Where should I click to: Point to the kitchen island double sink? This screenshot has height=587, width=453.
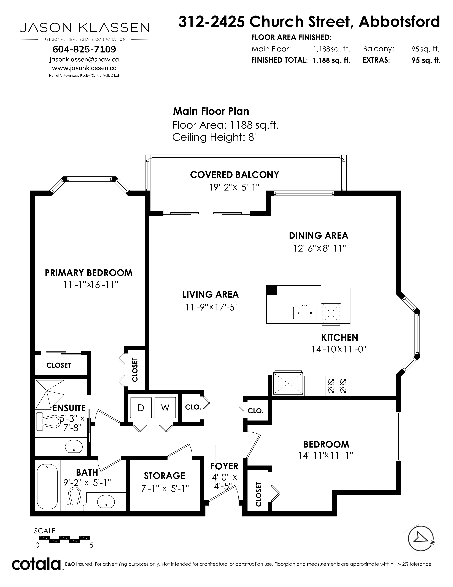pos(305,313)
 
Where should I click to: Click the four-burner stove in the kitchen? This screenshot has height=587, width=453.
pos(337,386)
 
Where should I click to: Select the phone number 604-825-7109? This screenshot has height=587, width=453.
pos(84,49)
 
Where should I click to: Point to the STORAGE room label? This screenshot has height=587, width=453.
pos(165,476)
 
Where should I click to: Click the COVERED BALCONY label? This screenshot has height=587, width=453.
pos(234,175)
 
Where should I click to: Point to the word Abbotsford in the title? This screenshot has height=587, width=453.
pos(399,22)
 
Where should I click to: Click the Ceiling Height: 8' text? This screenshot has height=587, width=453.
pos(214,137)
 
